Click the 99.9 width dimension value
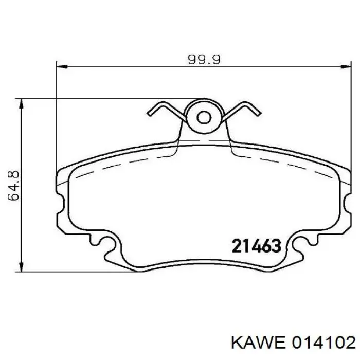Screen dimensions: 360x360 click(x=204, y=60)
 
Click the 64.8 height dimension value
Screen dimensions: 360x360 click(x=13, y=186)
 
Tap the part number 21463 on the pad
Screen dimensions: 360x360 click(x=257, y=245)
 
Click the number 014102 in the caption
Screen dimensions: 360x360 click(x=323, y=344)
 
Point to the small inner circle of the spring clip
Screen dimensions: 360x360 click(x=204, y=117)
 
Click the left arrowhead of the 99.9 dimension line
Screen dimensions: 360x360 click(x=62, y=66)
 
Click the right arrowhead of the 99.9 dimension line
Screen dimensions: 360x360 click(x=346, y=66)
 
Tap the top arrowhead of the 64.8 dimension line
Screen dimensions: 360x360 click(x=22, y=104)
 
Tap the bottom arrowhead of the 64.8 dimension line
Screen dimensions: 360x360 click(x=22, y=266)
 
